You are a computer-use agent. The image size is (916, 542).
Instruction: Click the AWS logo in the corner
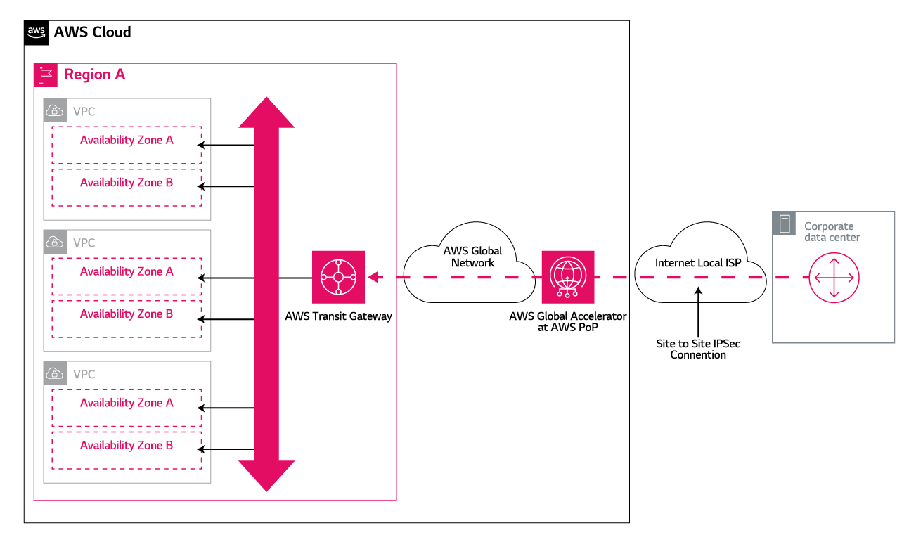(x=37, y=32)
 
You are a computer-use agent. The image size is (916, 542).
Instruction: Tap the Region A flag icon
(x=46, y=75)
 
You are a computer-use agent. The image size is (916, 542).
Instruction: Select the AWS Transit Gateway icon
(x=338, y=277)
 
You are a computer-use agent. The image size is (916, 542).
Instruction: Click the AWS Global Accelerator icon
(x=568, y=277)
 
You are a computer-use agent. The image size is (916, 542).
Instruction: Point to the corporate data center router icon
(x=834, y=277)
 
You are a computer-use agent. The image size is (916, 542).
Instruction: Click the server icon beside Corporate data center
(x=784, y=224)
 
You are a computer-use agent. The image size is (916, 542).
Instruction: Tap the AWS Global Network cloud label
(x=472, y=257)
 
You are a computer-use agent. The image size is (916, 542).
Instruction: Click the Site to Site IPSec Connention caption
(x=697, y=349)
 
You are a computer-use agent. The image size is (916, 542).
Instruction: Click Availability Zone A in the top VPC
(x=127, y=140)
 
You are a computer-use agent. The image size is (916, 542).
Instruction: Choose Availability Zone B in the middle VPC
(x=127, y=314)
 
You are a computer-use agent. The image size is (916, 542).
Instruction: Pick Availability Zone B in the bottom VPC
(x=127, y=445)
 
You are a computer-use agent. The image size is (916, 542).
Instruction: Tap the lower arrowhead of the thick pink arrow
(x=266, y=475)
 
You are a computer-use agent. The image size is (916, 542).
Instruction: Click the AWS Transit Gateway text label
(x=338, y=316)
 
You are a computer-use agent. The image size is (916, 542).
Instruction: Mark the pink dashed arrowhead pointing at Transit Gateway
(x=375, y=277)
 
